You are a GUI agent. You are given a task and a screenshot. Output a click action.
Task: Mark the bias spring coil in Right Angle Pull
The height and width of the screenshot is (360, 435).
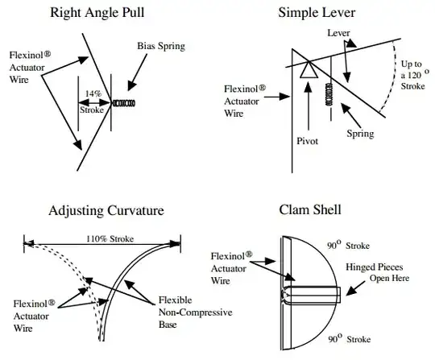coord(123,103)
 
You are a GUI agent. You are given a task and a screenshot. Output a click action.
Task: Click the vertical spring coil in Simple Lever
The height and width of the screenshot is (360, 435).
coord(329,94)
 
